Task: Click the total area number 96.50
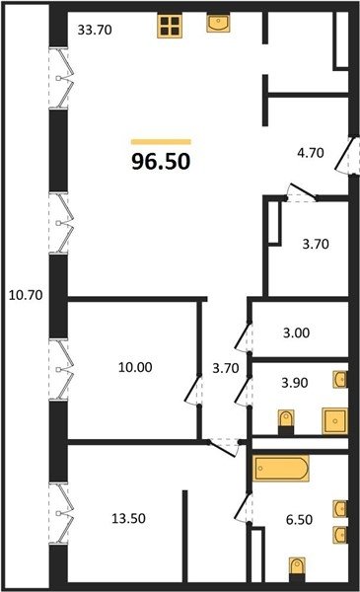click(161, 162)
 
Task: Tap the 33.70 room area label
click(95, 30)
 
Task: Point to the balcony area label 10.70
click(26, 295)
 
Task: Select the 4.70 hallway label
click(311, 153)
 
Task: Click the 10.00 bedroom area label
click(135, 367)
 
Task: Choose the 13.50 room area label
click(128, 518)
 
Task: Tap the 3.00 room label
click(296, 333)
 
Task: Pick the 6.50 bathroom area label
click(299, 520)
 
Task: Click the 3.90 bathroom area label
click(295, 383)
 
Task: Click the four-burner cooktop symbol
click(170, 26)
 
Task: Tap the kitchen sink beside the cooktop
click(219, 23)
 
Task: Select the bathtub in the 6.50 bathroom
click(281, 468)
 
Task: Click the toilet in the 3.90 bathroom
click(286, 422)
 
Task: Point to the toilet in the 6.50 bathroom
click(297, 570)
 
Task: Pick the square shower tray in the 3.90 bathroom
click(334, 420)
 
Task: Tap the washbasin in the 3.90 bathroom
click(340, 380)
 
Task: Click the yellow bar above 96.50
click(161, 142)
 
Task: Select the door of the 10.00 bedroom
click(193, 391)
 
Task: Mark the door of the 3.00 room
click(243, 336)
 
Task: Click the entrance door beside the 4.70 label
click(345, 155)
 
